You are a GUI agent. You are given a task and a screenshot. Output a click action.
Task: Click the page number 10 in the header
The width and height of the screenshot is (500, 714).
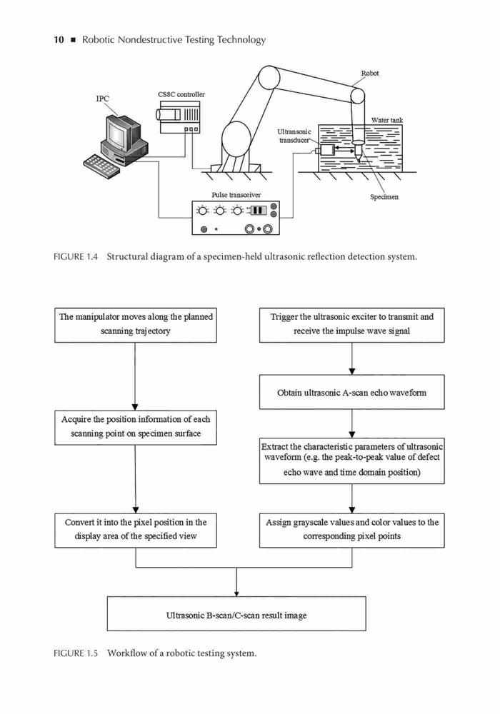click(59, 39)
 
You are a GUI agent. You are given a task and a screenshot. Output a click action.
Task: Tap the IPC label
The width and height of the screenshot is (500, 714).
click(102, 99)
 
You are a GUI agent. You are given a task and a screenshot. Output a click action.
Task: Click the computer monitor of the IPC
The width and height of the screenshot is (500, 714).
click(119, 133)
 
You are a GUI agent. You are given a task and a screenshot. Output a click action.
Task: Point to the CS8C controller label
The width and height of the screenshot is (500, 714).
click(181, 94)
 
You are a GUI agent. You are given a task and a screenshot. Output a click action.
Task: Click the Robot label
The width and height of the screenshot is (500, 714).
click(370, 73)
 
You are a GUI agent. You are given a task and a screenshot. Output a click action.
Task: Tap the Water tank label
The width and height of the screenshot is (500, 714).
click(387, 120)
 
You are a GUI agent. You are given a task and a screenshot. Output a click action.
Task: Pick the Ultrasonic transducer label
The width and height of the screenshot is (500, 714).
click(294, 136)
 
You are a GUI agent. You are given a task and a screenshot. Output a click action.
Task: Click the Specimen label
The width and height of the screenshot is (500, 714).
click(384, 197)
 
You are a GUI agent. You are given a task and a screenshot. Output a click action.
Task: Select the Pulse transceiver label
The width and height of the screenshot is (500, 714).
click(236, 195)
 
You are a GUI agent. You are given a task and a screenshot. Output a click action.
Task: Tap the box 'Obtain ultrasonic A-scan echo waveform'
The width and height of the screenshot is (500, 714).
click(352, 392)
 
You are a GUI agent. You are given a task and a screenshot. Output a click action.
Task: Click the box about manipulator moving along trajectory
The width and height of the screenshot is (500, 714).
click(136, 325)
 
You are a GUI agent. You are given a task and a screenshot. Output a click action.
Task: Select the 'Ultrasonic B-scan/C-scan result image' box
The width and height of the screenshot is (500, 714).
click(236, 614)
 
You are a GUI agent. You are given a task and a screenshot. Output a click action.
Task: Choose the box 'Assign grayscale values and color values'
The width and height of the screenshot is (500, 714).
click(352, 531)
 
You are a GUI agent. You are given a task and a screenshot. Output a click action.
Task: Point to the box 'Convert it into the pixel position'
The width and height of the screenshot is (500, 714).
click(136, 531)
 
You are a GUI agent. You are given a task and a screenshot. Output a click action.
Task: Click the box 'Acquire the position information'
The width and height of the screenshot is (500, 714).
click(136, 428)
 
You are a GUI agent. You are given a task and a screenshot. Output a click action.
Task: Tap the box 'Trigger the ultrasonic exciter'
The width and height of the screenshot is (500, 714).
click(352, 325)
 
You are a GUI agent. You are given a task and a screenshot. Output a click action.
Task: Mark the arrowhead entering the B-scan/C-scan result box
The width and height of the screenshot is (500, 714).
click(236, 594)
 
